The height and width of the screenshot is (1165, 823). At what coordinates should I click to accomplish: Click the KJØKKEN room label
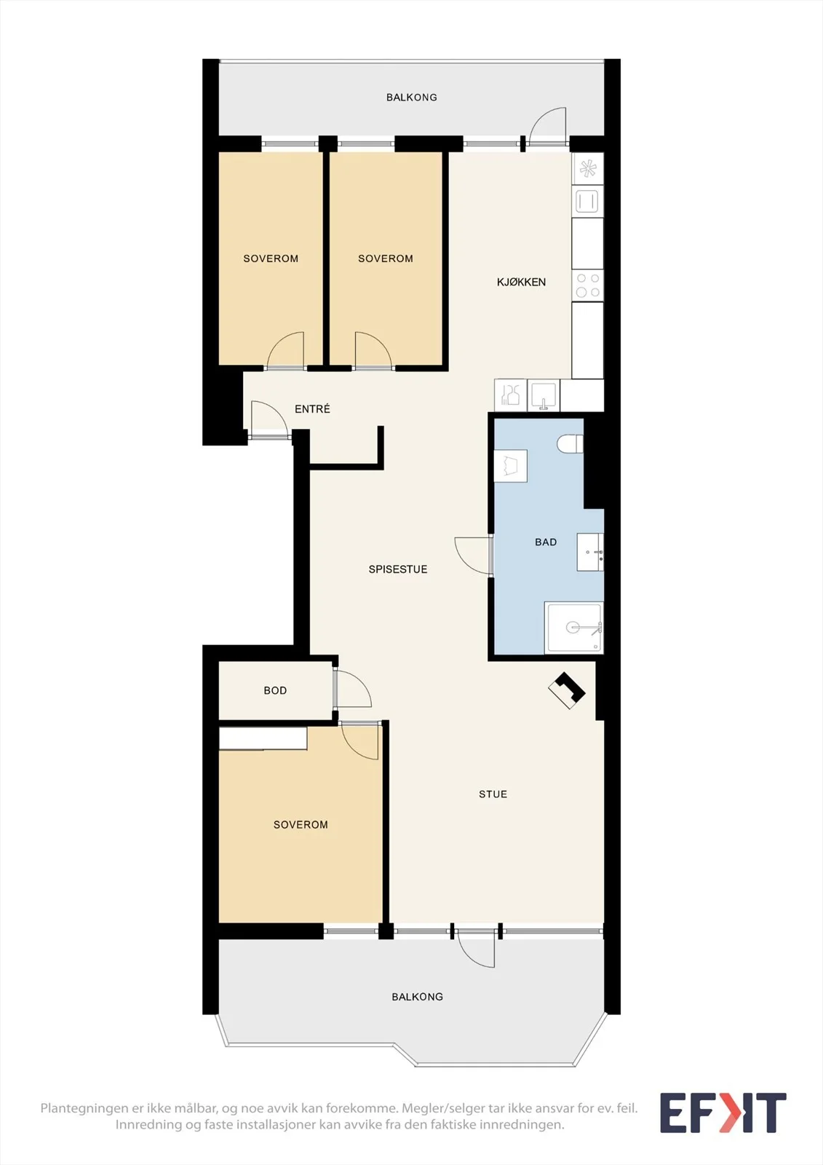pyautogui.click(x=521, y=282)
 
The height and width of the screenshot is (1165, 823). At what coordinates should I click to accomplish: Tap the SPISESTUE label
pyautogui.click(x=398, y=569)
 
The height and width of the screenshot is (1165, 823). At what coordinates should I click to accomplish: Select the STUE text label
pyautogui.click(x=493, y=794)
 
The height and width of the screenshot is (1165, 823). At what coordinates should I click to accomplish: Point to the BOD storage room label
pyautogui.click(x=275, y=690)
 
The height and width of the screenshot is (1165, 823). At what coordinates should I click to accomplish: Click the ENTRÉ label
pyautogui.click(x=312, y=408)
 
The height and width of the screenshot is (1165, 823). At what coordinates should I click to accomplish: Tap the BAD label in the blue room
pyautogui.click(x=546, y=542)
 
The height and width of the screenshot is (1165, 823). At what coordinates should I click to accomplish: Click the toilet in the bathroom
pyautogui.click(x=570, y=444)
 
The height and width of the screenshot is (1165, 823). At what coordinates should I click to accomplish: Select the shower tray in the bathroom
pyautogui.click(x=573, y=627)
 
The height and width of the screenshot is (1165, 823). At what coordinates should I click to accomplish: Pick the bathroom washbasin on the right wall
pyautogui.click(x=590, y=552)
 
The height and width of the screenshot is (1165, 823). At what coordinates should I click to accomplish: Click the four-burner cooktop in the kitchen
pyautogui.click(x=587, y=285)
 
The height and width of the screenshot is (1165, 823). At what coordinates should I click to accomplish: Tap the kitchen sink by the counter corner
pyautogui.click(x=544, y=395)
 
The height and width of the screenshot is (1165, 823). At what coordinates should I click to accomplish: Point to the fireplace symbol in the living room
pyautogui.click(x=567, y=690)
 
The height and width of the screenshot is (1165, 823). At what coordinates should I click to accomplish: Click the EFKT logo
pyautogui.click(x=723, y=1113)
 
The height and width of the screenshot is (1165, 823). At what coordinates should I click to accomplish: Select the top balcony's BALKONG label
pyautogui.click(x=411, y=98)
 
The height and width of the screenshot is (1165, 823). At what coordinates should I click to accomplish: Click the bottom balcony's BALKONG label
pyautogui.click(x=417, y=997)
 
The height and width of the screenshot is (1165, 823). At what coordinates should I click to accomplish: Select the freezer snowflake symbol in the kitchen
pyautogui.click(x=587, y=168)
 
